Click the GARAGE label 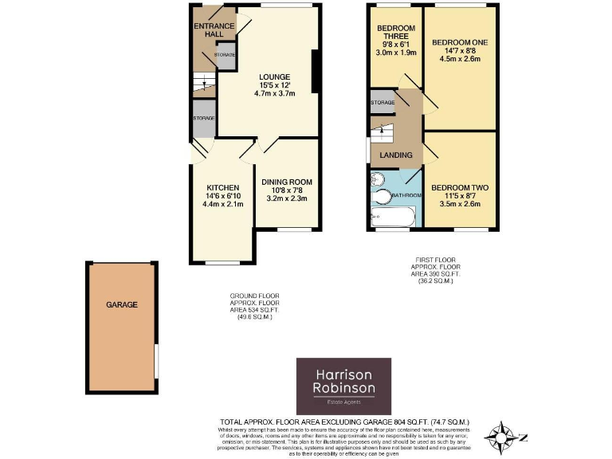[122, 304]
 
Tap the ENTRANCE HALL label [214, 30]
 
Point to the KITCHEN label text [222, 187]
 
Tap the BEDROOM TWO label [460, 188]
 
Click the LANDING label [396, 155]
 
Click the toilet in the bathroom [382, 196]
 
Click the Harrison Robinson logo [343, 386]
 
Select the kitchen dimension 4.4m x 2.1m [222, 204]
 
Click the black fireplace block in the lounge [316, 72]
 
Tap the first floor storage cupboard [383, 103]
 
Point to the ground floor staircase [203, 83]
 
